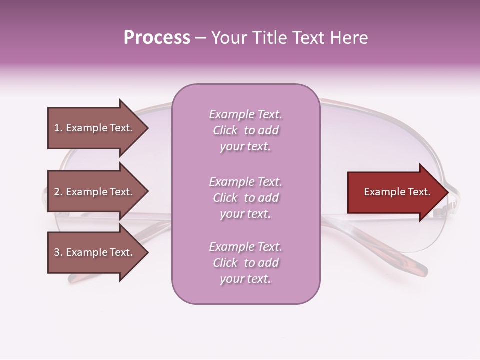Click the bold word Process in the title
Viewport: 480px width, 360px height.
[x=157, y=38]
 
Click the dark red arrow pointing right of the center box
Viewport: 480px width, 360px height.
[x=397, y=192]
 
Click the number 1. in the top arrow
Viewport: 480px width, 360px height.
[x=58, y=128]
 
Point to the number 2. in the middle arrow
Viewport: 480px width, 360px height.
[x=58, y=192]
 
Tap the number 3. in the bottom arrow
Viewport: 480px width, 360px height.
[x=58, y=252]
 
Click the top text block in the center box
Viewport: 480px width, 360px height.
[x=245, y=130]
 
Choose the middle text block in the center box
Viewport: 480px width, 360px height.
[x=245, y=198]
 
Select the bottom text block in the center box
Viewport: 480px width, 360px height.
[x=245, y=263]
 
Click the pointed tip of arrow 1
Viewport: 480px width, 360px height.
[x=147, y=128]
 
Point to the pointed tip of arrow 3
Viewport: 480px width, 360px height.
[x=147, y=253]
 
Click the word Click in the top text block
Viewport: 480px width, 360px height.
[x=225, y=130]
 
